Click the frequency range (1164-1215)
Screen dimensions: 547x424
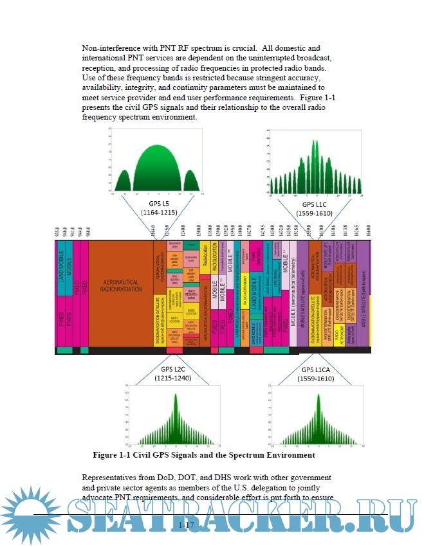(158, 212)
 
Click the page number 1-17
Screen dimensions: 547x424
(187, 526)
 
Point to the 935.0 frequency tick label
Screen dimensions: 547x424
(57, 233)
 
